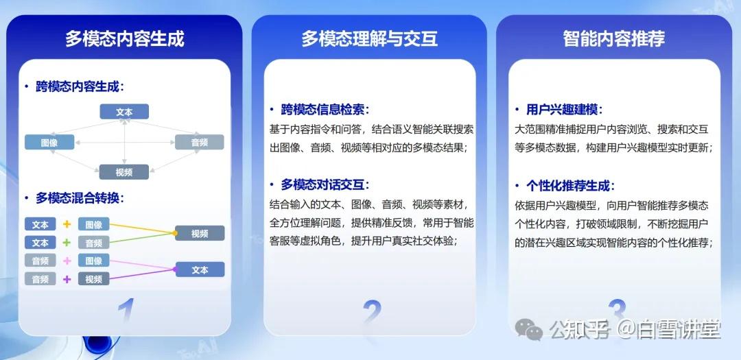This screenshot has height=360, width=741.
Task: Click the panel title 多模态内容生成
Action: click(x=124, y=38)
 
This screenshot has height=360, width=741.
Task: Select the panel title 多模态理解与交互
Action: click(x=369, y=38)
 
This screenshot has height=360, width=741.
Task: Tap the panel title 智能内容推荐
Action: click(x=613, y=38)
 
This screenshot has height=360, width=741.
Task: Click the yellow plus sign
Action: click(x=67, y=224)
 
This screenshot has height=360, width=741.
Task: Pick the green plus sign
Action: click(x=67, y=243)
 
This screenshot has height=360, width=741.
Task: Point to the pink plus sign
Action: click(x=67, y=261)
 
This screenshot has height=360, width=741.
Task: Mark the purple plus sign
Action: click(x=67, y=279)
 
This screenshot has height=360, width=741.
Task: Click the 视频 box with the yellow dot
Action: click(x=200, y=234)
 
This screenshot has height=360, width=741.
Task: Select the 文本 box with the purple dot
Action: click(x=200, y=270)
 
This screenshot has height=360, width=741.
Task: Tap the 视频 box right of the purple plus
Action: click(x=94, y=279)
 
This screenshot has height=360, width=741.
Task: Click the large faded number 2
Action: click(x=371, y=313)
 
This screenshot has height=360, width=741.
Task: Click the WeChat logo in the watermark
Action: click(x=530, y=331)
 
